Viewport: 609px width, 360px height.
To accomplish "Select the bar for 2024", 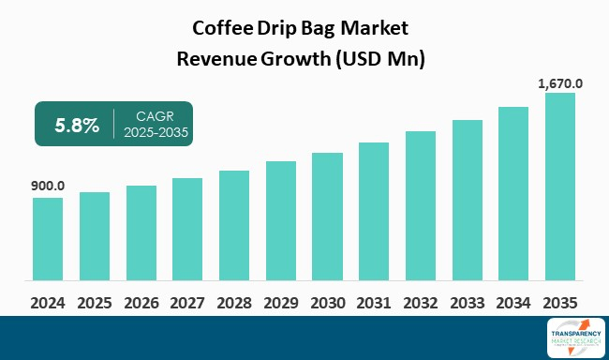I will [x=48, y=239].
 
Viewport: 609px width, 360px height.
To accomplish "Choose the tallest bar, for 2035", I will [x=560, y=187].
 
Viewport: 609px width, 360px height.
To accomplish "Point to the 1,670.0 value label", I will [x=560, y=83].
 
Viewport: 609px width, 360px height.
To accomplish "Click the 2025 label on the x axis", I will [x=95, y=303].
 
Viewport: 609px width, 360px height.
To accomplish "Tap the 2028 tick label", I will [x=234, y=303].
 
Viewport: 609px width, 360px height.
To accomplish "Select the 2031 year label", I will [x=374, y=303].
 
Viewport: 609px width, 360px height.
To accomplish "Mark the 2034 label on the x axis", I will [x=513, y=303].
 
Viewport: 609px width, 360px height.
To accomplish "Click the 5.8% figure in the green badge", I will [x=76, y=126].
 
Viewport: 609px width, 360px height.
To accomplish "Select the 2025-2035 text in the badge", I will [x=156, y=134].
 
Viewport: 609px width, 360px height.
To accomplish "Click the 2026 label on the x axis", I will [x=141, y=303].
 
